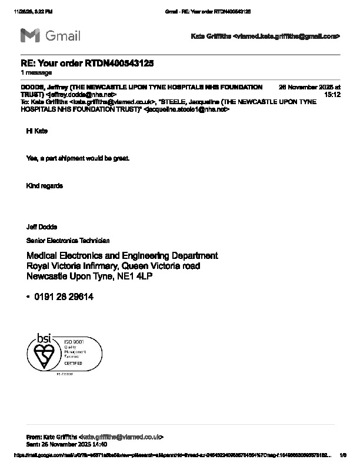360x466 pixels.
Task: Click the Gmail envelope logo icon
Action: tap(30, 35)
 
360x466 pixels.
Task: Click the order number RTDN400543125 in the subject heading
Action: tap(120, 63)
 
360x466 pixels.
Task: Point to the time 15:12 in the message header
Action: tap(332, 94)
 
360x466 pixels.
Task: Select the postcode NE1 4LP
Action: tap(135, 276)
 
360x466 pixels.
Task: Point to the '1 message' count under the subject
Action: tap(36, 73)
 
